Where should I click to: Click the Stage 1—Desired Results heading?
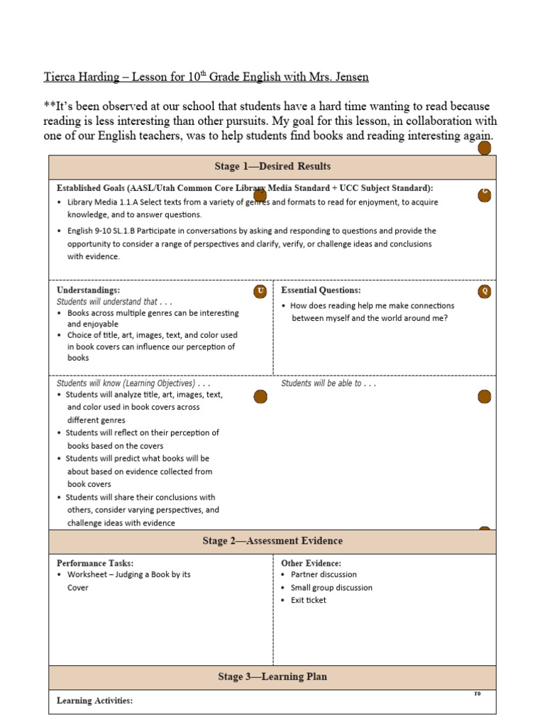pos(272,167)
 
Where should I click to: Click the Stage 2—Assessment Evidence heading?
pos(272,541)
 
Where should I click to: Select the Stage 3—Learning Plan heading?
pos(272,677)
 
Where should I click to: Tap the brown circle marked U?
pos(260,291)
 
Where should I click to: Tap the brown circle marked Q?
pos(485,291)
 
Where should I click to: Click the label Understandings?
pos(88,290)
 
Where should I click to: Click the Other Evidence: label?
pos(311,562)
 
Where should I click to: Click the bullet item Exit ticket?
pos(308,600)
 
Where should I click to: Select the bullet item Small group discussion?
pos(331,587)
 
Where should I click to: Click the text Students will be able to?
pos(329,383)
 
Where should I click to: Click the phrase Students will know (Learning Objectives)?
pos(133,383)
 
